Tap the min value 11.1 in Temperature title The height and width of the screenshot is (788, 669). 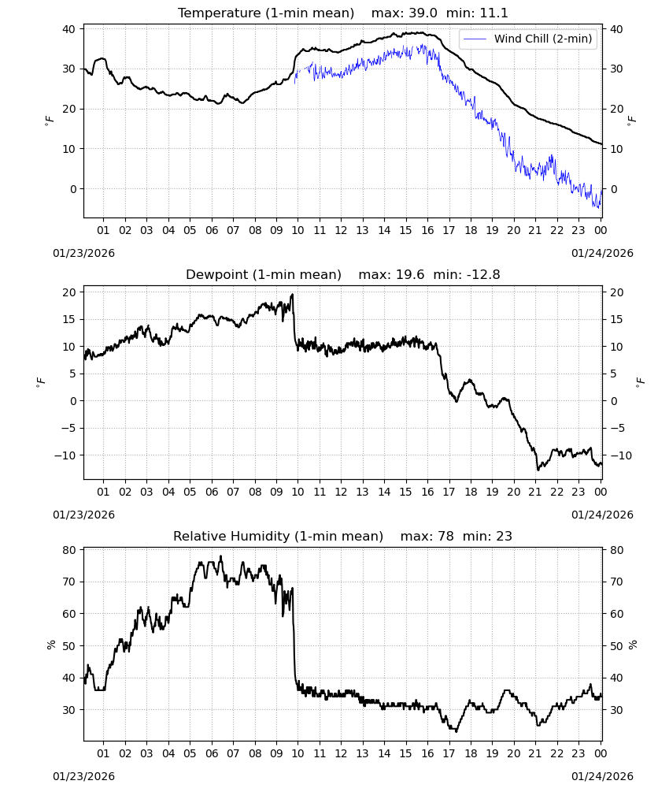(x=494, y=13)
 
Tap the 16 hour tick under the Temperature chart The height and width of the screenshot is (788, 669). (x=427, y=230)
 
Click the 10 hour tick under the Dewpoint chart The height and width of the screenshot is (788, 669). (x=298, y=492)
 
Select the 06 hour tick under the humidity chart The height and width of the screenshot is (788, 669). (x=211, y=754)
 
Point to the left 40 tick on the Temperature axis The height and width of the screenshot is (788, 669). (x=69, y=29)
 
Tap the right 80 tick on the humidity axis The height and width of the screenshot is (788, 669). (x=616, y=550)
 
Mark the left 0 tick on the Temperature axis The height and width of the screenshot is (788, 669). (x=73, y=189)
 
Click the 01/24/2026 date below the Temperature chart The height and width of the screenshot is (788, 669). (x=602, y=253)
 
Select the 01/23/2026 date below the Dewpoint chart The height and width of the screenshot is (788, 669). (x=83, y=515)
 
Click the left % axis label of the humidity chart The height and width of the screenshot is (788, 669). (x=51, y=645)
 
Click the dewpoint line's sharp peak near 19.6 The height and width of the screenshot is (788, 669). (x=293, y=295)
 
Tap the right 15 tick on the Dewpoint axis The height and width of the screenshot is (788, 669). (x=616, y=320)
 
